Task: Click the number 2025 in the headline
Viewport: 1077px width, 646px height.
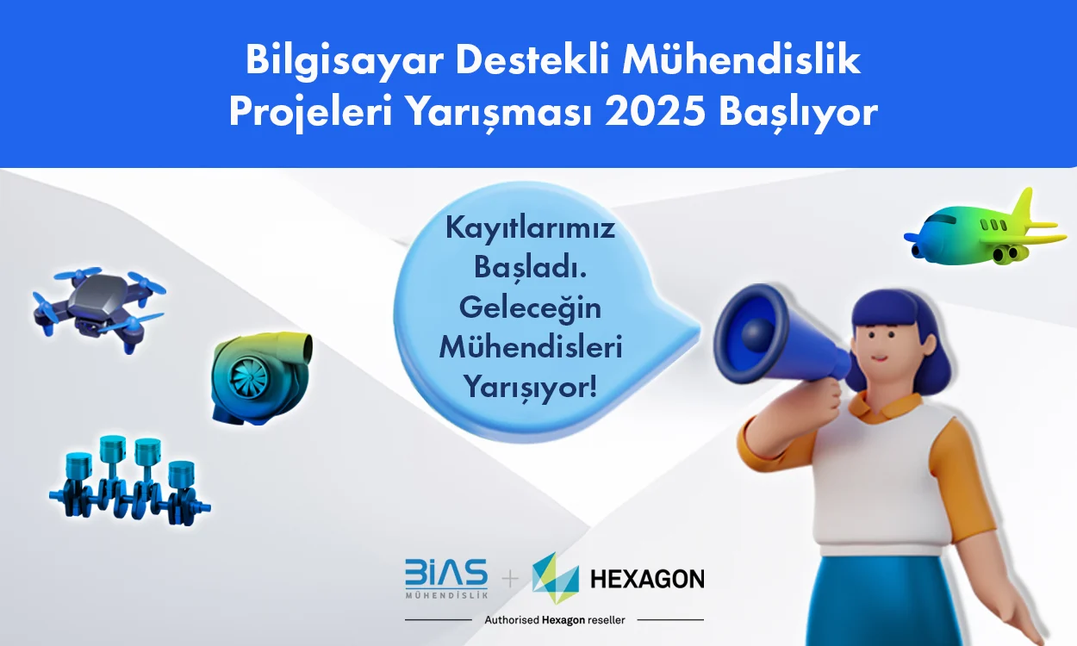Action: (656, 112)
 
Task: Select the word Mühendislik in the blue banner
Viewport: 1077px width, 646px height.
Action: (741, 59)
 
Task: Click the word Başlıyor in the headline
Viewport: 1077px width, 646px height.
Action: (798, 114)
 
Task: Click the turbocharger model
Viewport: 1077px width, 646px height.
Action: (261, 378)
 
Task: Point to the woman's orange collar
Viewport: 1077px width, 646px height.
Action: (884, 407)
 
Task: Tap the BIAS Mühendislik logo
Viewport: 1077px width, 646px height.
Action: (446, 578)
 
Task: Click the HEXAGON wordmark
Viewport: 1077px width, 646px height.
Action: (647, 579)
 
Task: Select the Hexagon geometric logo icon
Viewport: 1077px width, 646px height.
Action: (556, 578)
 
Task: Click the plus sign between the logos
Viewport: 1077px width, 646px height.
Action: (510, 578)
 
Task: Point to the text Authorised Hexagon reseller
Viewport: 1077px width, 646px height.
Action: (555, 620)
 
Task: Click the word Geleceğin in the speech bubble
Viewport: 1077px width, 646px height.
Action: (530, 307)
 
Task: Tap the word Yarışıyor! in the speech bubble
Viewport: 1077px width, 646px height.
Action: (531, 387)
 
